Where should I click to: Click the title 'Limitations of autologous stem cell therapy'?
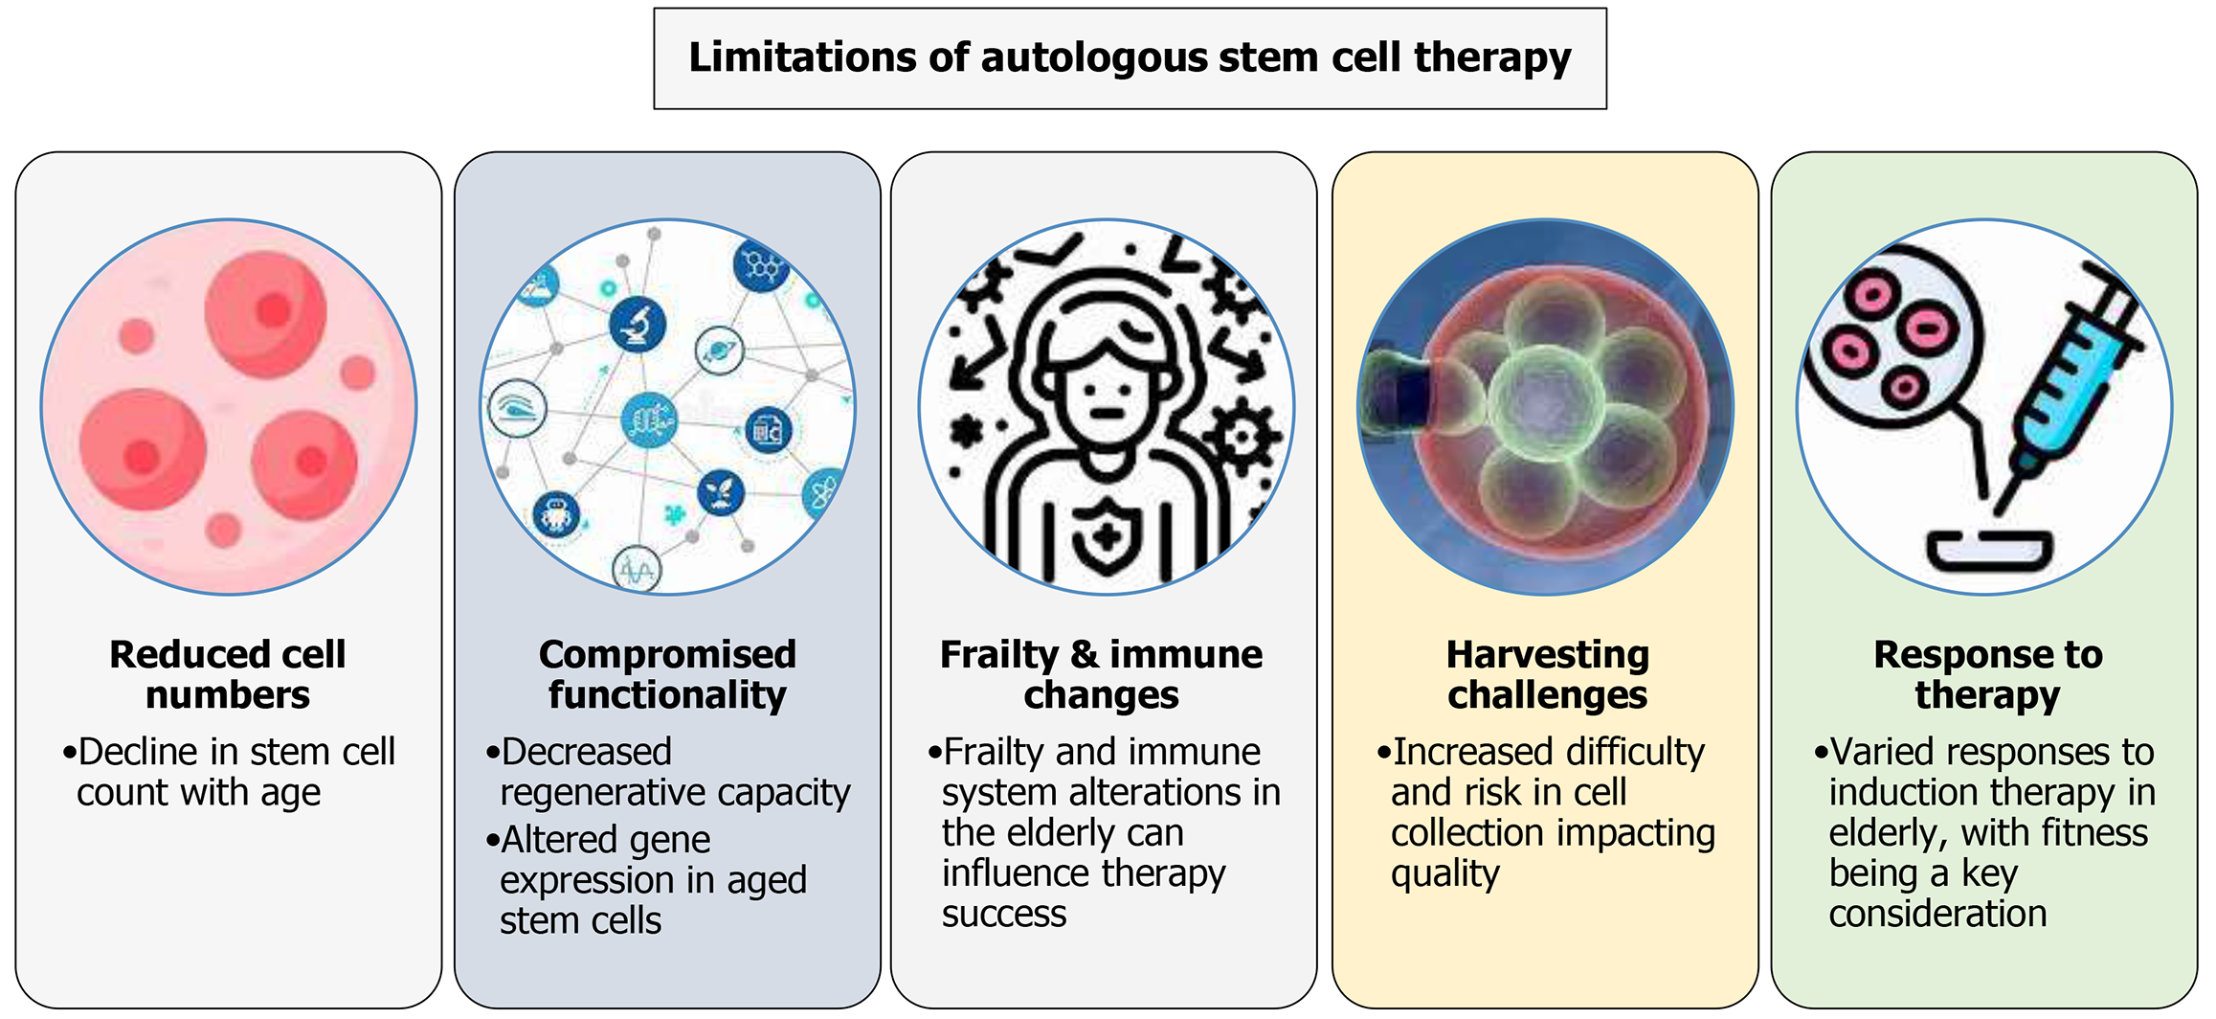1130,57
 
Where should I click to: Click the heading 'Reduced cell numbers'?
228,674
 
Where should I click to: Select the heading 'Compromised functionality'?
667,674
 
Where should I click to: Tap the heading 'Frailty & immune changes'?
1101,674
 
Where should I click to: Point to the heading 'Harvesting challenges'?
1547,674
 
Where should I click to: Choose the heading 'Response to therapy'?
1987,674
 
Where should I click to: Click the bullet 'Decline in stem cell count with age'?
230,772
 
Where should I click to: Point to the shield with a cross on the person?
1107,536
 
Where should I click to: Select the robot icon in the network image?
556,514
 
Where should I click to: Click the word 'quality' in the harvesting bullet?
1444,873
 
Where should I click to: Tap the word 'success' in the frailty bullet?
1003,915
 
